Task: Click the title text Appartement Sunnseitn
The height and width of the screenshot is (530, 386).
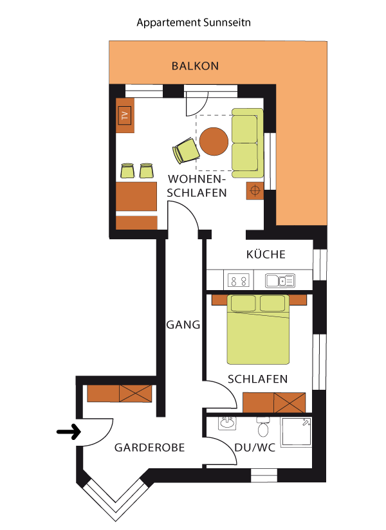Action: (194, 23)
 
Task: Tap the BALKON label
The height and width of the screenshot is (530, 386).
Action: (195, 66)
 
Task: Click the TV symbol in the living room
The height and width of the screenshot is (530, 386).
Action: (125, 115)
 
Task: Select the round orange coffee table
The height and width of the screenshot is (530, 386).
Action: (214, 142)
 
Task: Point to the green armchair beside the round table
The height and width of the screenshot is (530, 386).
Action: (186, 151)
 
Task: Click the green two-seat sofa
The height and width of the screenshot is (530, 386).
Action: (248, 143)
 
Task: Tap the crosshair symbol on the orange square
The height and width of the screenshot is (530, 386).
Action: (255, 190)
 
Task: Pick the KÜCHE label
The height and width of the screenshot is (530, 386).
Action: (266, 254)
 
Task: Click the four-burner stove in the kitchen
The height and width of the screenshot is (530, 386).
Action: (238, 280)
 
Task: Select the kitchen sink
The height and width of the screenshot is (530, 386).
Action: (280, 280)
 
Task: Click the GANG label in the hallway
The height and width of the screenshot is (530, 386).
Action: (183, 325)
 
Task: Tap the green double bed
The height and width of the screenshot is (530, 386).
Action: (258, 329)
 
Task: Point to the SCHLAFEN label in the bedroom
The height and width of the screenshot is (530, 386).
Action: (257, 379)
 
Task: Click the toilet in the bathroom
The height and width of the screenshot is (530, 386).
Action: (263, 427)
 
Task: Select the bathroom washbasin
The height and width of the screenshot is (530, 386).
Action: (227, 423)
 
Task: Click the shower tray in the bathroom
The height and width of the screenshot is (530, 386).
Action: (297, 432)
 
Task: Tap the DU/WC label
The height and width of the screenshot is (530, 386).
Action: (255, 448)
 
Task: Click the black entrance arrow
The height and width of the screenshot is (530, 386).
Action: (69, 432)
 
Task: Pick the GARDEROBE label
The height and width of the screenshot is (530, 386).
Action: (149, 448)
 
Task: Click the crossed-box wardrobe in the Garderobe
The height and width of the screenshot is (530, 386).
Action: (135, 394)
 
